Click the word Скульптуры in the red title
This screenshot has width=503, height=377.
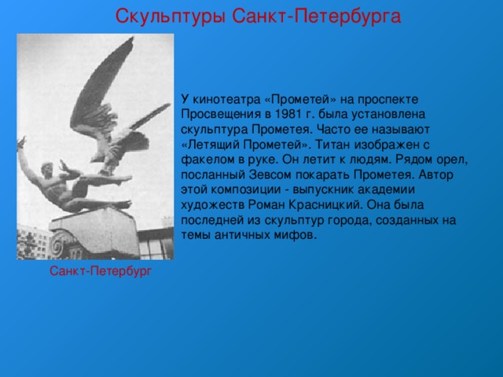click(x=171, y=16)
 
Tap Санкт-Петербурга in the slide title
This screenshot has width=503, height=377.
click(x=317, y=16)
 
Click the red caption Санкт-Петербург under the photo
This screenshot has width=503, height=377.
click(x=101, y=271)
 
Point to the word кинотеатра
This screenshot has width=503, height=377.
click(x=226, y=100)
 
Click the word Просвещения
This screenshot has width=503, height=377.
click(x=221, y=115)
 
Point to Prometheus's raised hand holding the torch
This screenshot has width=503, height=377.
click(x=22, y=143)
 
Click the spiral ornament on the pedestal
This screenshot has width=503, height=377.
click(x=58, y=245)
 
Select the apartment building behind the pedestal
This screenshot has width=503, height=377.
click(x=34, y=241)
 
